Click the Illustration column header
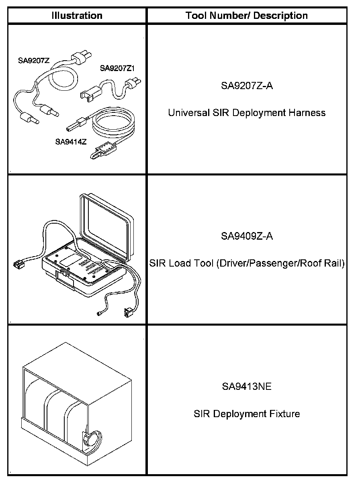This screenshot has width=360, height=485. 77,16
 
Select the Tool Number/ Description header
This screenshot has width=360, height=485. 247,16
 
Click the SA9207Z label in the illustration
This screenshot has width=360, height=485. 34,61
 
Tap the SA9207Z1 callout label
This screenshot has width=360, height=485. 117,68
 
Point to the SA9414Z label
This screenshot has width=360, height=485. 71,141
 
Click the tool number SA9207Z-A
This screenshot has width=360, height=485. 247,86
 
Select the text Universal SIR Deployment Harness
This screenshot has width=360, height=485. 247,113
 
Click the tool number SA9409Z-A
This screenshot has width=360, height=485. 247,236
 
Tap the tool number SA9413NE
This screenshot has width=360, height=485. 247,387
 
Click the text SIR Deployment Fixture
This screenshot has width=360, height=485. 247,414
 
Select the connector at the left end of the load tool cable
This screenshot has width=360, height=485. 18,265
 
